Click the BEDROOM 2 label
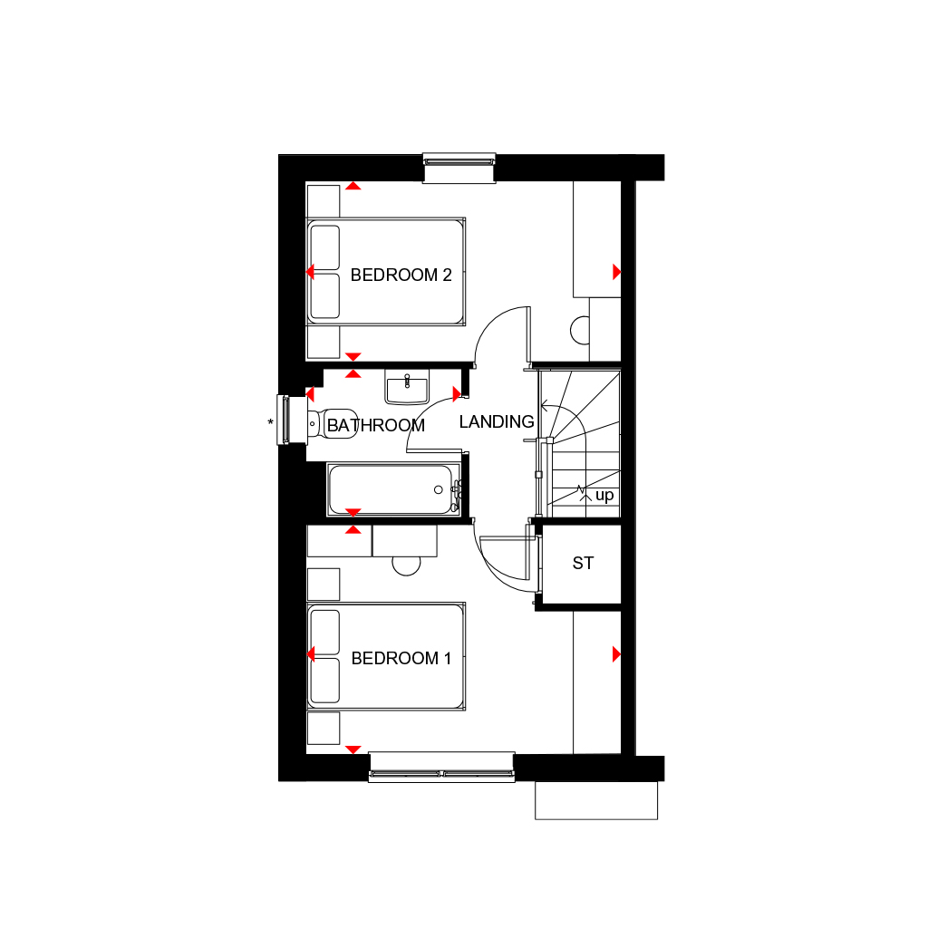[x=401, y=275]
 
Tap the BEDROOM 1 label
[x=401, y=658]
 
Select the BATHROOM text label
[x=376, y=425]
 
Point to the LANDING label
[x=497, y=421]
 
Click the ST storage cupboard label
[x=583, y=563]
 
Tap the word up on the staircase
[x=604, y=496]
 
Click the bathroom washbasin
[x=407, y=387]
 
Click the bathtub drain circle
[x=439, y=489]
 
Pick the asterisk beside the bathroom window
[x=270, y=422]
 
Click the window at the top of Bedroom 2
[x=459, y=168]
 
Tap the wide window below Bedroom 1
[x=441, y=768]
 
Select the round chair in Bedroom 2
[x=580, y=330]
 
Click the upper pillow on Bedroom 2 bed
[x=325, y=247]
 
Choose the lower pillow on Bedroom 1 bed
[x=325, y=681]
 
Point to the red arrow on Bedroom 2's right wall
[x=616, y=272]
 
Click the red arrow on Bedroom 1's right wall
[x=616, y=654]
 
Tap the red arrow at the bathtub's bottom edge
[x=353, y=512]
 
